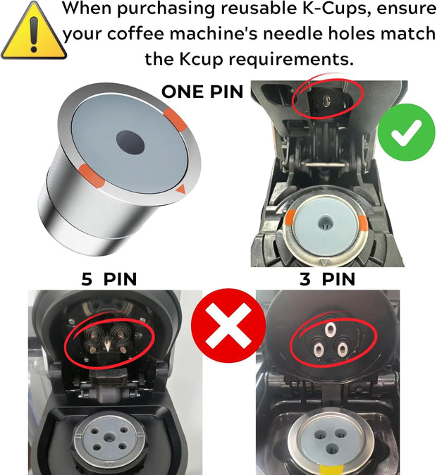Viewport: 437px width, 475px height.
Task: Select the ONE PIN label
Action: click(202, 92)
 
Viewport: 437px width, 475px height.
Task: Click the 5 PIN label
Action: click(109, 279)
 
